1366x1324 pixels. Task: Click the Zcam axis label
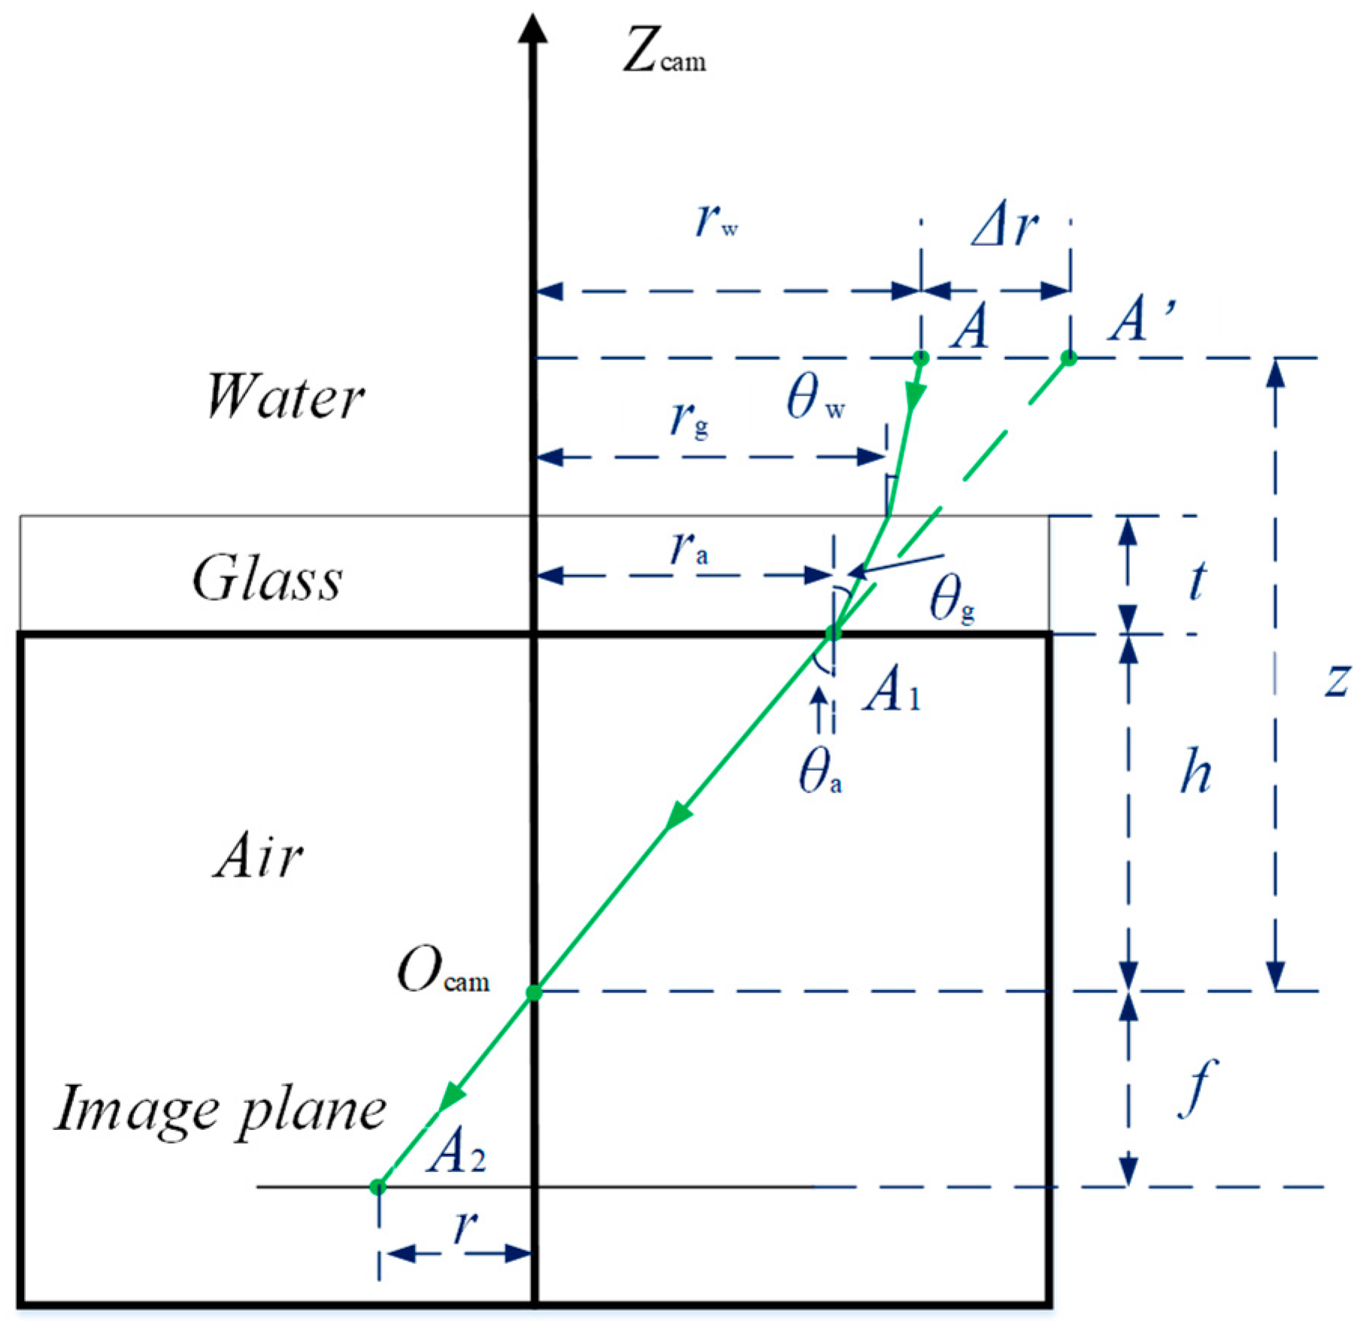coord(664,56)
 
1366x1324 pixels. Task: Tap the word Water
coord(285,397)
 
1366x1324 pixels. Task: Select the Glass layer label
coord(268,580)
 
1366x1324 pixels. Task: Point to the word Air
coord(259,857)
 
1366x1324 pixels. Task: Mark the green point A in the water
coord(921,358)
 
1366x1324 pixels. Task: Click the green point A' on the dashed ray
coord(1068,358)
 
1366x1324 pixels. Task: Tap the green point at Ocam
coord(534,993)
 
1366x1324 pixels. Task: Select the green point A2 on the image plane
coord(378,1187)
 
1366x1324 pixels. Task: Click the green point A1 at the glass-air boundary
coord(833,633)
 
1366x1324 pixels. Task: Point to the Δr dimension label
coord(1005,226)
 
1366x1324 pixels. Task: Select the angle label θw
coord(815,398)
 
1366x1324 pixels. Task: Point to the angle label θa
coord(819,773)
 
